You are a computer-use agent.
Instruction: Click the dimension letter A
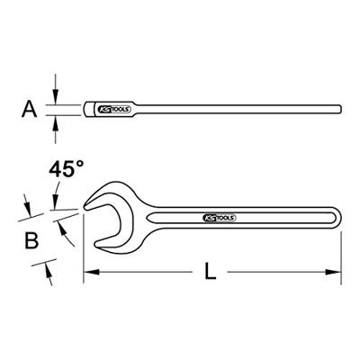(x=30, y=109)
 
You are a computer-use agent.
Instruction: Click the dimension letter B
(x=31, y=240)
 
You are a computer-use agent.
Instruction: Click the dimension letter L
(x=211, y=271)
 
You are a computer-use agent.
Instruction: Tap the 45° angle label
(x=66, y=169)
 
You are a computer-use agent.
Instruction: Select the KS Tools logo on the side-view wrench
(x=114, y=109)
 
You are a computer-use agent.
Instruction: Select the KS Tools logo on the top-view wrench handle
(x=220, y=218)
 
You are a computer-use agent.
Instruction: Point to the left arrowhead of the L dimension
(x=91, y=272)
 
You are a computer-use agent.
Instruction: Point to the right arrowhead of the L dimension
(x=333, y=272)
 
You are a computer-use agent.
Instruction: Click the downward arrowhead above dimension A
(x=55, y=96)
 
